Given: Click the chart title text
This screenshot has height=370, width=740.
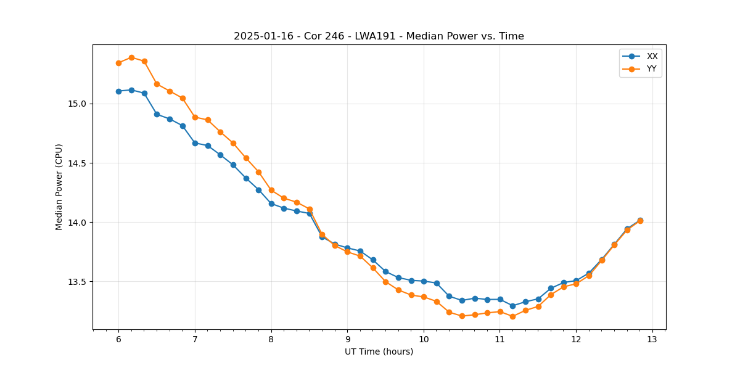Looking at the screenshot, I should [379, 36].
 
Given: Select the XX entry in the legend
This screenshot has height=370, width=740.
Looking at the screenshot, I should [652, 56].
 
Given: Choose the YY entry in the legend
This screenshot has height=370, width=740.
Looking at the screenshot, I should [651, 69].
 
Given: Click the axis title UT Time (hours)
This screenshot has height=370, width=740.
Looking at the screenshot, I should [379, 352].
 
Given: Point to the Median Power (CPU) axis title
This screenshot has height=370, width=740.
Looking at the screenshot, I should [59, 187].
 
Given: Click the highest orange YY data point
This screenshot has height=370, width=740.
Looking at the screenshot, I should [131, 57].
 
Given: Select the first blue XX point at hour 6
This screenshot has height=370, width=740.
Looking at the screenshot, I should [118, 91].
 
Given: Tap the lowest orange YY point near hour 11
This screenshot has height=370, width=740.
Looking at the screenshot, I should [512, 316].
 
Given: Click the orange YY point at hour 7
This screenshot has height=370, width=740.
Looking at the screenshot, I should [195, 117].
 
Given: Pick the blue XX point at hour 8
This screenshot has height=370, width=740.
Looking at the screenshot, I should [271, 203].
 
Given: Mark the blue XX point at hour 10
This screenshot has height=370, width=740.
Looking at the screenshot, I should [424, 281].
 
